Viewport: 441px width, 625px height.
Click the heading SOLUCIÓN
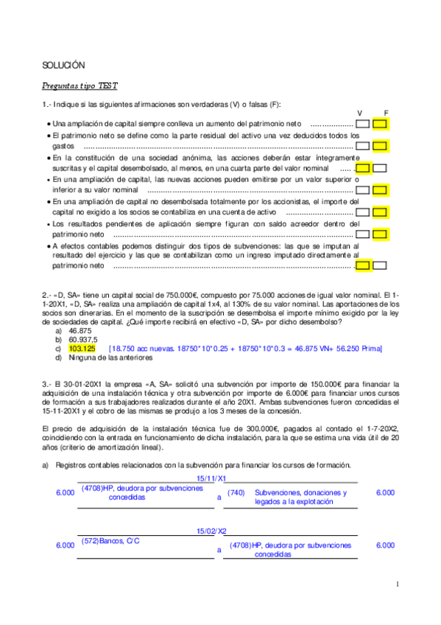(x=63, y=66)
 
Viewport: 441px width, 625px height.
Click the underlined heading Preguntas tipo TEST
(x=75, y=85)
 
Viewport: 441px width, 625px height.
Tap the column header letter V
(x=360, y=113)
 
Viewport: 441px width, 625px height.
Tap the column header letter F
(x=386, y=113)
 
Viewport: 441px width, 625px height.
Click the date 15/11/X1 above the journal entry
(x=212, y=478)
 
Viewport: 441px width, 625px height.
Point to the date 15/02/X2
(x=212, y=531)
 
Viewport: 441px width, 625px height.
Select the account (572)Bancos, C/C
(x=110, y=541)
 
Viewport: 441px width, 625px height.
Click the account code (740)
(x=236, y=492)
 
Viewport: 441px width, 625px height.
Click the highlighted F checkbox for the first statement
(x=380, y=123)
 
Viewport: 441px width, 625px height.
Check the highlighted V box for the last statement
(x=362, y=265)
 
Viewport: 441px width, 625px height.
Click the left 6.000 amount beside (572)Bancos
(x=65, y=545)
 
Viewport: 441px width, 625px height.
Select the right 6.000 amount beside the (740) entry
(x=385, y=492)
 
